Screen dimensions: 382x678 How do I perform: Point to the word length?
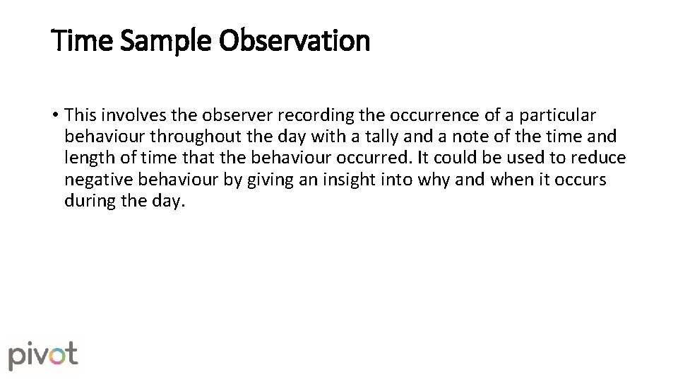(85, 158)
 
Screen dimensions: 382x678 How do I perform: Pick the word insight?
(349, 179)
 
